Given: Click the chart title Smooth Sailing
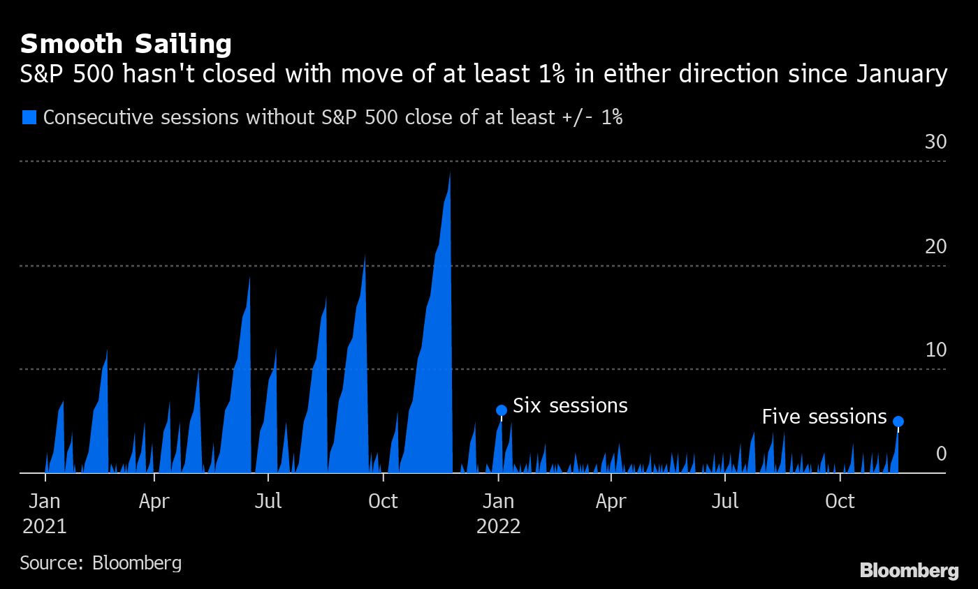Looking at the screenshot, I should click(x=126, y=44).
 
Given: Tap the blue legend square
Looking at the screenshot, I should click(x=29, y=117).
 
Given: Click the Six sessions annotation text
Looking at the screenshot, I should click(x=570, y=405).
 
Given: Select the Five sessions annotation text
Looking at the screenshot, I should click(x=824, y=417).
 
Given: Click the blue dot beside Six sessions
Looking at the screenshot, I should click(x=501, y=410).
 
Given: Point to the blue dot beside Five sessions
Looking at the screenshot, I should click(x=898, y=422).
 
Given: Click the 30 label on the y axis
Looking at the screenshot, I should click(x=935, y=142).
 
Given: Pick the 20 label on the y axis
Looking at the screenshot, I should click(x=935, y=246).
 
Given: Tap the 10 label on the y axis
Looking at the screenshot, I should click(x=935, y=350).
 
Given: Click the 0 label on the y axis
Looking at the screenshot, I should click(x=941, y=454).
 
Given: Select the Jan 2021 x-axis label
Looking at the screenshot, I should click(x=45, y=513).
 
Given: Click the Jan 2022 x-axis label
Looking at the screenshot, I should click(x=499, y=513).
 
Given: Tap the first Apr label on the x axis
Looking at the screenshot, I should click(x=154, y=501).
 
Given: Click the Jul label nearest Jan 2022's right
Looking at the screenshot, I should click(x=725, y=501).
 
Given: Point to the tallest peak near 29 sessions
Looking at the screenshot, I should click(x=449, y=174).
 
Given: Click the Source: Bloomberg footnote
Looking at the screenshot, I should click(x=101, y=562).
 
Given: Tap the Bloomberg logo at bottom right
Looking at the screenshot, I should click(x=909, y=570).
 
